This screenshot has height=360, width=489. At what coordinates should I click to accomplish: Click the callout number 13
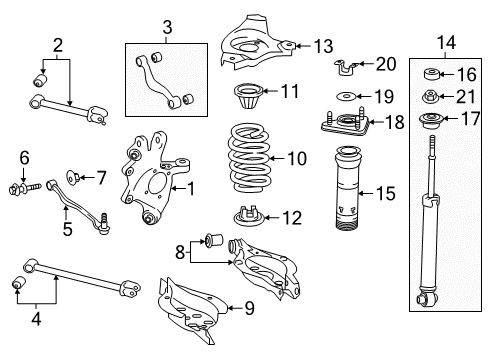pyautogui.click(x=323, y=46)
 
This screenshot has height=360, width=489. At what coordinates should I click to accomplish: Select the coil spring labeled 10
pyautogui.click(x=248, y=158)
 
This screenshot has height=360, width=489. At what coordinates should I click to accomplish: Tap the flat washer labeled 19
pyautogui.click(x=347, y=96)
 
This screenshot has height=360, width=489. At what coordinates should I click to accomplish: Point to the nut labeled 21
pyautogui.click(x=430, y=97)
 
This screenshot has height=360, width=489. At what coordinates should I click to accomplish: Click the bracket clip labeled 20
pyautogui.click(x=346, y=67)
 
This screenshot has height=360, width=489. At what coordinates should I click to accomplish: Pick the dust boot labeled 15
pyautogui.click(x=347, y=188)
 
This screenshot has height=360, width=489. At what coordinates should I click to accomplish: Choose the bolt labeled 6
pyautogui.click(x=24, y=188)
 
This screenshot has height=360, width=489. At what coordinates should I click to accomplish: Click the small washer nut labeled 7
pyautogui.click(x=72, y=177)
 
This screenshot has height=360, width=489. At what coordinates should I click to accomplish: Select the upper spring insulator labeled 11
pyautogui.click(x=249, y=96)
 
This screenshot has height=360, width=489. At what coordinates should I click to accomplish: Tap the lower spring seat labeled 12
pyautogui.click(x=249, y=216)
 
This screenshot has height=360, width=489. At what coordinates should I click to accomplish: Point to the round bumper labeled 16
pyautogui.click(x=432, y=74)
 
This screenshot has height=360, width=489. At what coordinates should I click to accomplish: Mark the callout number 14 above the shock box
pyautogui.click(x=446, y=43)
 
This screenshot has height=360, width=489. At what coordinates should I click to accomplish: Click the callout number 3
pyautogui.click(x=167, y=27)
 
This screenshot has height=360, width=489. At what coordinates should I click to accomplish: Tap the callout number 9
pyautogui.click(x=249, y=308)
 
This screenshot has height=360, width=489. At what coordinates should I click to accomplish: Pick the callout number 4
pyautogui.click(x=36, y=318)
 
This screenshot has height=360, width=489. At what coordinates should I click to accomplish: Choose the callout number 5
pyautogui.click(x=67, y=229)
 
